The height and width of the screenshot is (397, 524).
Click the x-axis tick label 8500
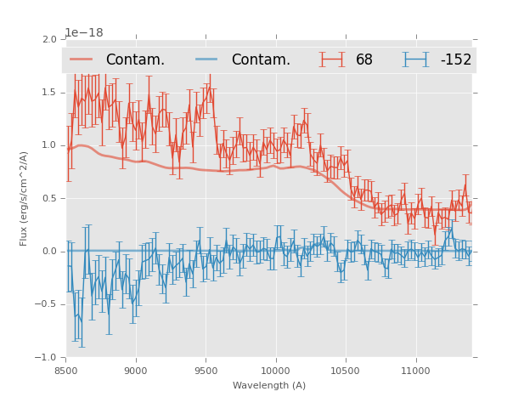coord(66,371)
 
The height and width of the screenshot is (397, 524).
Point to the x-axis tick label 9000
coord(136,371)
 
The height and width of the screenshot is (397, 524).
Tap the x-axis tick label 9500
coord(206,371)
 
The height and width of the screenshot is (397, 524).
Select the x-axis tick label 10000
coord(275,371)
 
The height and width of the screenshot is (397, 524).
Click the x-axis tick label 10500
coord(346,371)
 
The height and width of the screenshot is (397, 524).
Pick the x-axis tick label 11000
coord(415,371)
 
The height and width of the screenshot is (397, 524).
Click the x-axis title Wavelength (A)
coord(269,385)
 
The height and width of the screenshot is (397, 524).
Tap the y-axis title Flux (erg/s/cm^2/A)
coord(25,198)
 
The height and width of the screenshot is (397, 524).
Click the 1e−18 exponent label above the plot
coord(83,32)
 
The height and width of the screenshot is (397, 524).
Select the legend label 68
coord(364,60)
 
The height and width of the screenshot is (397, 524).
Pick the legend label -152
coord(455,60)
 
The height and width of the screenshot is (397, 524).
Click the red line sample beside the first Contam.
coord(82,60)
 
